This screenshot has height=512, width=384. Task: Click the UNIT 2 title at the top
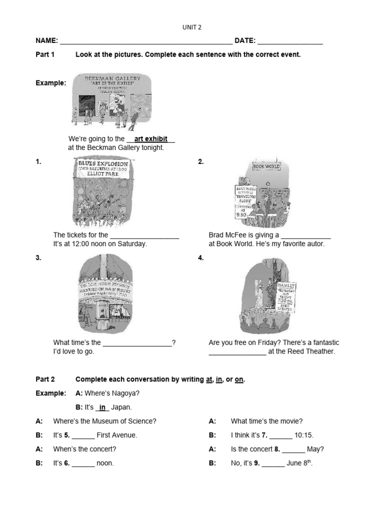coord(191,28)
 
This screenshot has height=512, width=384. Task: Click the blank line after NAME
coord(145,41)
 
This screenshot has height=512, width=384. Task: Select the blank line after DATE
coord(290,41)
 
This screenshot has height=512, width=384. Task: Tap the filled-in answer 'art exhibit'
coord(150,139)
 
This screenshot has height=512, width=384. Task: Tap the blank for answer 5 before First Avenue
coord(83,436)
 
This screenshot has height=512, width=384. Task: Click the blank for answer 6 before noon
coord(83,464)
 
